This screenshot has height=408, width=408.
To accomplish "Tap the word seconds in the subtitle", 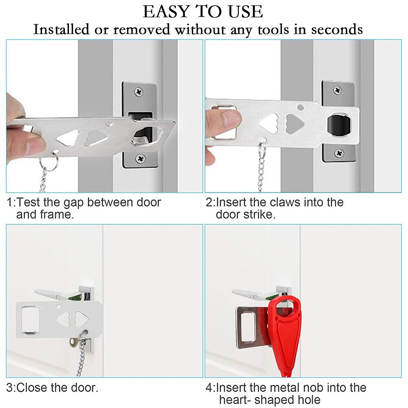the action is [x=337, y=29].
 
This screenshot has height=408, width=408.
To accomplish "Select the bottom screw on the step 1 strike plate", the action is [x=140, y=157].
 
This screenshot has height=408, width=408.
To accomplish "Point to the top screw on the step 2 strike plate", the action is [x=337, y=90].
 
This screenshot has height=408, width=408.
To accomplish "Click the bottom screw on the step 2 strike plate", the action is [x=339, y=153].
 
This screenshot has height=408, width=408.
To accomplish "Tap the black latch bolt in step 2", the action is [x=338, y=124].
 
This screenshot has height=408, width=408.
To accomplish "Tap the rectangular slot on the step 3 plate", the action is [x=30, y=319].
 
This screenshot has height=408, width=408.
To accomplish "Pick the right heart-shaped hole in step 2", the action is [x=295, y=122].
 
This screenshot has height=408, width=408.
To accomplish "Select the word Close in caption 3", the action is [x=32, y=388].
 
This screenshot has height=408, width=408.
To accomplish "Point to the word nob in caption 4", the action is [x=313, y=388].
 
